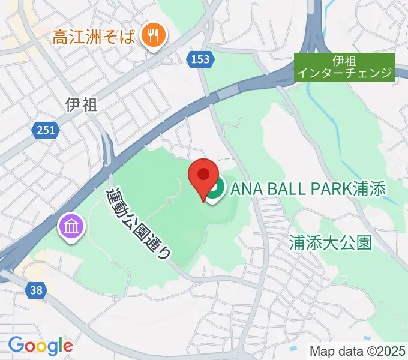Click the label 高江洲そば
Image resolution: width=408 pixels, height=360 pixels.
pos(94,37)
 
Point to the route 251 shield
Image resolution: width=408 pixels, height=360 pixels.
pos(45,130)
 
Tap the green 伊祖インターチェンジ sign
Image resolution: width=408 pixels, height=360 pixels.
pos(346,67)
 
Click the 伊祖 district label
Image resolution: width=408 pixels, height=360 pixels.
pos(81,105)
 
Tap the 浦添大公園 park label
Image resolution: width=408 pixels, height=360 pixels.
pos(330,242)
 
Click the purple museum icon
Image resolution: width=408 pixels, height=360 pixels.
pos(72,227)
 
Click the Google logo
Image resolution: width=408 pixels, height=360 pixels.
pos(40,346)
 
